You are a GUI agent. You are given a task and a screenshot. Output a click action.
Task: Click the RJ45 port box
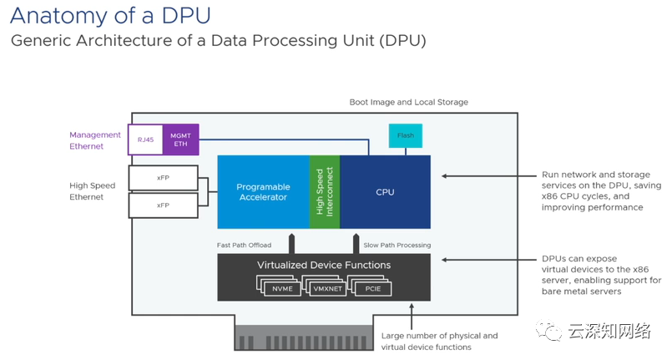pos(145,139)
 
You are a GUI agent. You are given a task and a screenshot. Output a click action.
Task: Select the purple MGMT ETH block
pos(180,139)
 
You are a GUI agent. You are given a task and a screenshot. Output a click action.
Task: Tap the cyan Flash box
pos(406,135)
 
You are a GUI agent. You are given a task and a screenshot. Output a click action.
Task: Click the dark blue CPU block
pos(385,192)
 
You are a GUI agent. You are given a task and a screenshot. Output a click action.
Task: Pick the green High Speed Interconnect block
pos(325,191)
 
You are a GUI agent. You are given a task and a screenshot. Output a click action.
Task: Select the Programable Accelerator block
pos(262,192)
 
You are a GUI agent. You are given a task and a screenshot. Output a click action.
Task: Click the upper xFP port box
pos(163,178)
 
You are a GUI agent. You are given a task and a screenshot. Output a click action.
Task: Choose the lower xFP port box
pos(163,205)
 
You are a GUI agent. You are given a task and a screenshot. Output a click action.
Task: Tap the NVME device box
pos(282,288)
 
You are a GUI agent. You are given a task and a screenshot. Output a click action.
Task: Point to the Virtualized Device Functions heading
pos(324,266)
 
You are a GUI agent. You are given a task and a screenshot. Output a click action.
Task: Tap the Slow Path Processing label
pos(397,245)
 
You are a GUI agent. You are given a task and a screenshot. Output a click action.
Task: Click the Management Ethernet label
pos(95,140)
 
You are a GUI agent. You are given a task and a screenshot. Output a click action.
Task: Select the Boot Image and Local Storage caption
pos(408,102)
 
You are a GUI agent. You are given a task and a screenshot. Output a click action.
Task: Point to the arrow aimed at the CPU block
pos(484,176)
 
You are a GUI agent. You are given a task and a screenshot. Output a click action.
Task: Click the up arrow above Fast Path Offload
pos(291,242)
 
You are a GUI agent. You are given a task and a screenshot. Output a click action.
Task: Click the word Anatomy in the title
pos(55,15)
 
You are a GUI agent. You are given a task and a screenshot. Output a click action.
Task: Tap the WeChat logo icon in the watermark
pos(551,332)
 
